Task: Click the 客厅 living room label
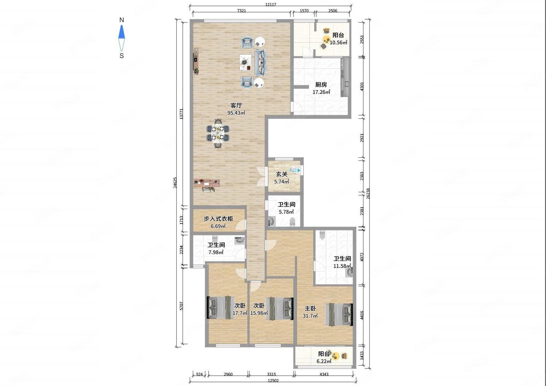pos(236,105)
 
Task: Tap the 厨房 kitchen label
pos(321,84)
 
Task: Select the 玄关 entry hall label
pos(282,174)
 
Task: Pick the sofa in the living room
pos(261,62)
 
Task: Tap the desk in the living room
pos(207,183)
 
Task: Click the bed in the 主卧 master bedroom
pos(339,314)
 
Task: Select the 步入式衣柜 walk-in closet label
pos(218,219)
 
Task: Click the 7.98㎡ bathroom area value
pos(216,252)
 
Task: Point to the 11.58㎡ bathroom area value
pos(342,266)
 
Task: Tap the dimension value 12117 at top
pos(271,4)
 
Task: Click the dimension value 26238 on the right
pos(368,194)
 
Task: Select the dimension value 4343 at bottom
pos(324,374)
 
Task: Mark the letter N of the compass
pos(122,20)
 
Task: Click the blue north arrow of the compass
pos(121,32)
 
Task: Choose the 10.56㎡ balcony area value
pos(338,43)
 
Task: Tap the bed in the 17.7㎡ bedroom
pos(219,307)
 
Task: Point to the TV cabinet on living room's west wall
pos(196,61)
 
